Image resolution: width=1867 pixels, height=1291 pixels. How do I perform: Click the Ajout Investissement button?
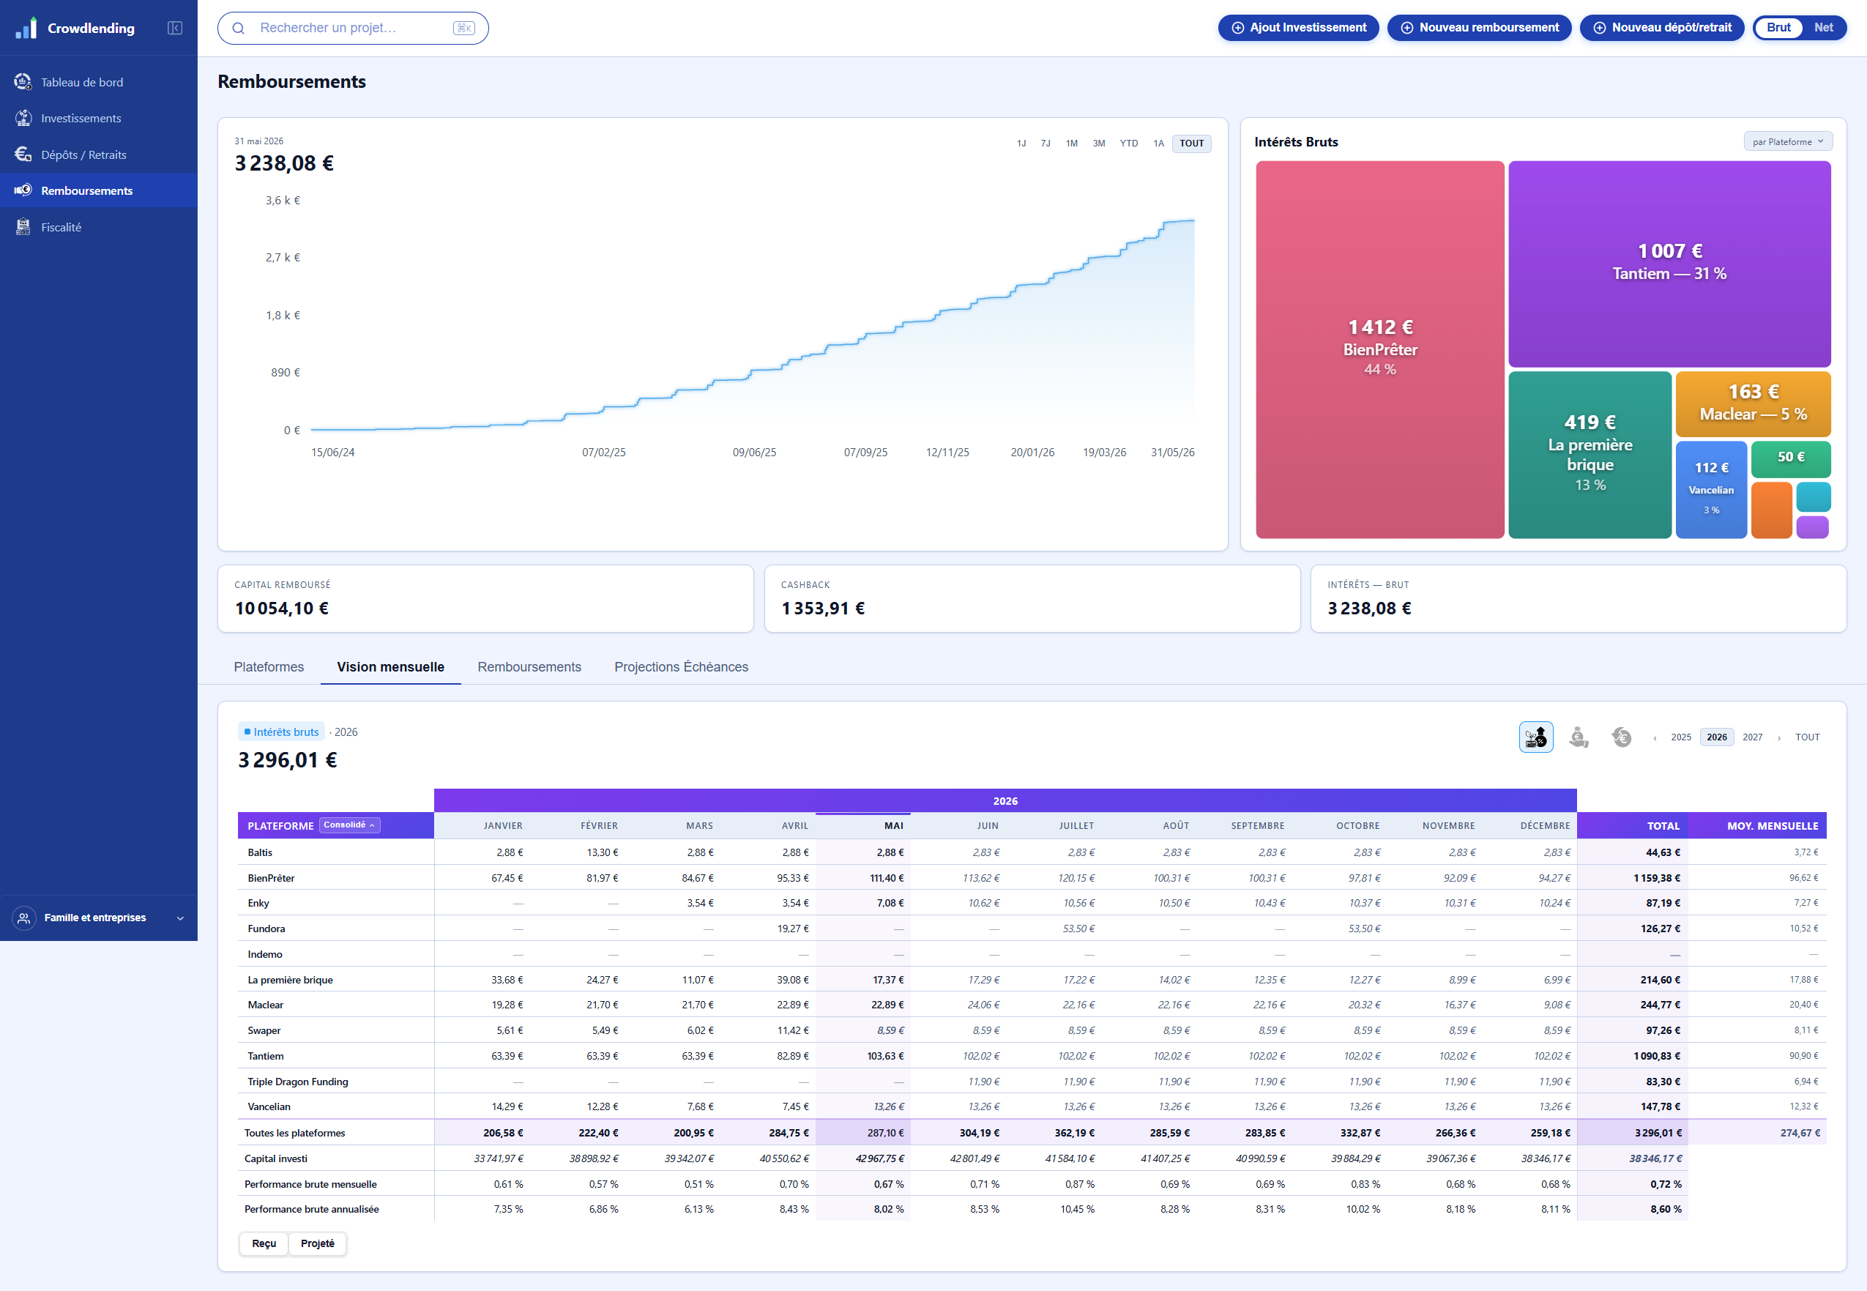(1298, 28)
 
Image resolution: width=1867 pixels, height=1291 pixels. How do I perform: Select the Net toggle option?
(1822, 28)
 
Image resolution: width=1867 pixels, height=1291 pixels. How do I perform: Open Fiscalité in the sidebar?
(62, 227)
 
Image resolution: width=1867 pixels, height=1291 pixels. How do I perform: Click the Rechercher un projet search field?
(353, 28)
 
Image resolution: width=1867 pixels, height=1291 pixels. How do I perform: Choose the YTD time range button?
(1128, 144)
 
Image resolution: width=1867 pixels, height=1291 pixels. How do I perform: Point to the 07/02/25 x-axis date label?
(603, 452)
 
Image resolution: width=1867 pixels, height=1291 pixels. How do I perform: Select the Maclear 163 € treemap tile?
(1752, 403)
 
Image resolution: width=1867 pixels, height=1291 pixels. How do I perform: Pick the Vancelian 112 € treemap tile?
(1711, 489)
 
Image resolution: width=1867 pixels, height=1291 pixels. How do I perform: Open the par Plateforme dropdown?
(1788, 141)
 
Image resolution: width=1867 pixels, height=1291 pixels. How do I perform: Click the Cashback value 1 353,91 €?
(822, 609)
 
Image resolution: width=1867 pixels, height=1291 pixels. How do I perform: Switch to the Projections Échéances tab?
(681, 666)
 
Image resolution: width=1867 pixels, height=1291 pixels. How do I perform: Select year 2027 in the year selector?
(1752, 737)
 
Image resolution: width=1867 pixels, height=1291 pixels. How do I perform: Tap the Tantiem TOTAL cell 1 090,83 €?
(1656, 1056)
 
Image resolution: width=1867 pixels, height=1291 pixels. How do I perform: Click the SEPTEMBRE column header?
(1257, 826)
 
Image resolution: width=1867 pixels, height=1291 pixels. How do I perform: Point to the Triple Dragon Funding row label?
(297, 1082)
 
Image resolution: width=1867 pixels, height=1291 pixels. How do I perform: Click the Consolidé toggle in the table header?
(349, 825)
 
